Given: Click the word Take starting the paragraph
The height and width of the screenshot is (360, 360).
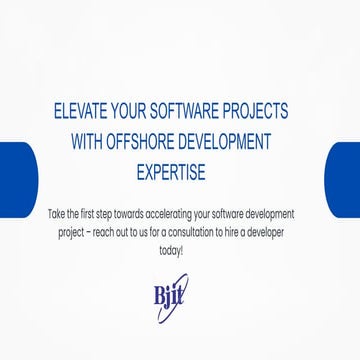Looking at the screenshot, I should click(57, 214).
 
